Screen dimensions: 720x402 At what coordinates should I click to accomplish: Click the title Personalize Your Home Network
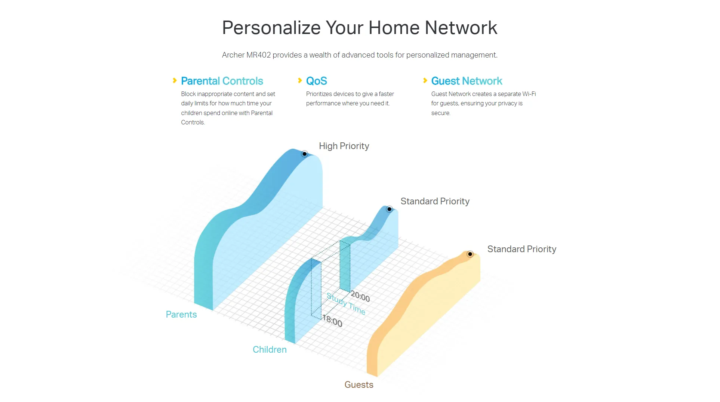(360, 28)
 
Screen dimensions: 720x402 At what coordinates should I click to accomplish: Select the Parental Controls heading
(222, 81)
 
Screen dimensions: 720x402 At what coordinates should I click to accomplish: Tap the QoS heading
(317, 81)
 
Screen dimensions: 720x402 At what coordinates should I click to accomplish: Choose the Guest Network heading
(467, 81)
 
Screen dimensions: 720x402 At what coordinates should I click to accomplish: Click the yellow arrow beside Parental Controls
(175, 81)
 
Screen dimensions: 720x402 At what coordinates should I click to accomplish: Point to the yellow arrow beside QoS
(300, 81)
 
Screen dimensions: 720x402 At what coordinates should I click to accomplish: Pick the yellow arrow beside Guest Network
(425, 81)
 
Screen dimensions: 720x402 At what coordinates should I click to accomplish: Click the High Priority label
(344, 146)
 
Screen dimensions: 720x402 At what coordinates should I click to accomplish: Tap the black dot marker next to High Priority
(305, 154)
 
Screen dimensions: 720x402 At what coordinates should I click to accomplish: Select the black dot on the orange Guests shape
(470, 254)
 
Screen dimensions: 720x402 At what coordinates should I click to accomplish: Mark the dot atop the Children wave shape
(390, 209)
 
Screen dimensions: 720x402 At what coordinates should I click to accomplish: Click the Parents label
(181, 315)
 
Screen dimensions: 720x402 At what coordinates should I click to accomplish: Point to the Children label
(270, 350)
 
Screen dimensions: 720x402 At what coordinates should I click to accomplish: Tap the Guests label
(359, 385)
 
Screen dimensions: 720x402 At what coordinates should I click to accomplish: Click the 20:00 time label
(360, 297)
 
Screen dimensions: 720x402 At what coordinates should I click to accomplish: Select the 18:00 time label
(332, 321)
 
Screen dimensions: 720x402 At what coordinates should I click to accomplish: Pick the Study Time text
(346, 304)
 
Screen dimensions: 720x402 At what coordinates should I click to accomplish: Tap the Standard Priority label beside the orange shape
(522, 249)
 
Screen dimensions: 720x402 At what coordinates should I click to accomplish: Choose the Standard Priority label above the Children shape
(435, 201)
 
